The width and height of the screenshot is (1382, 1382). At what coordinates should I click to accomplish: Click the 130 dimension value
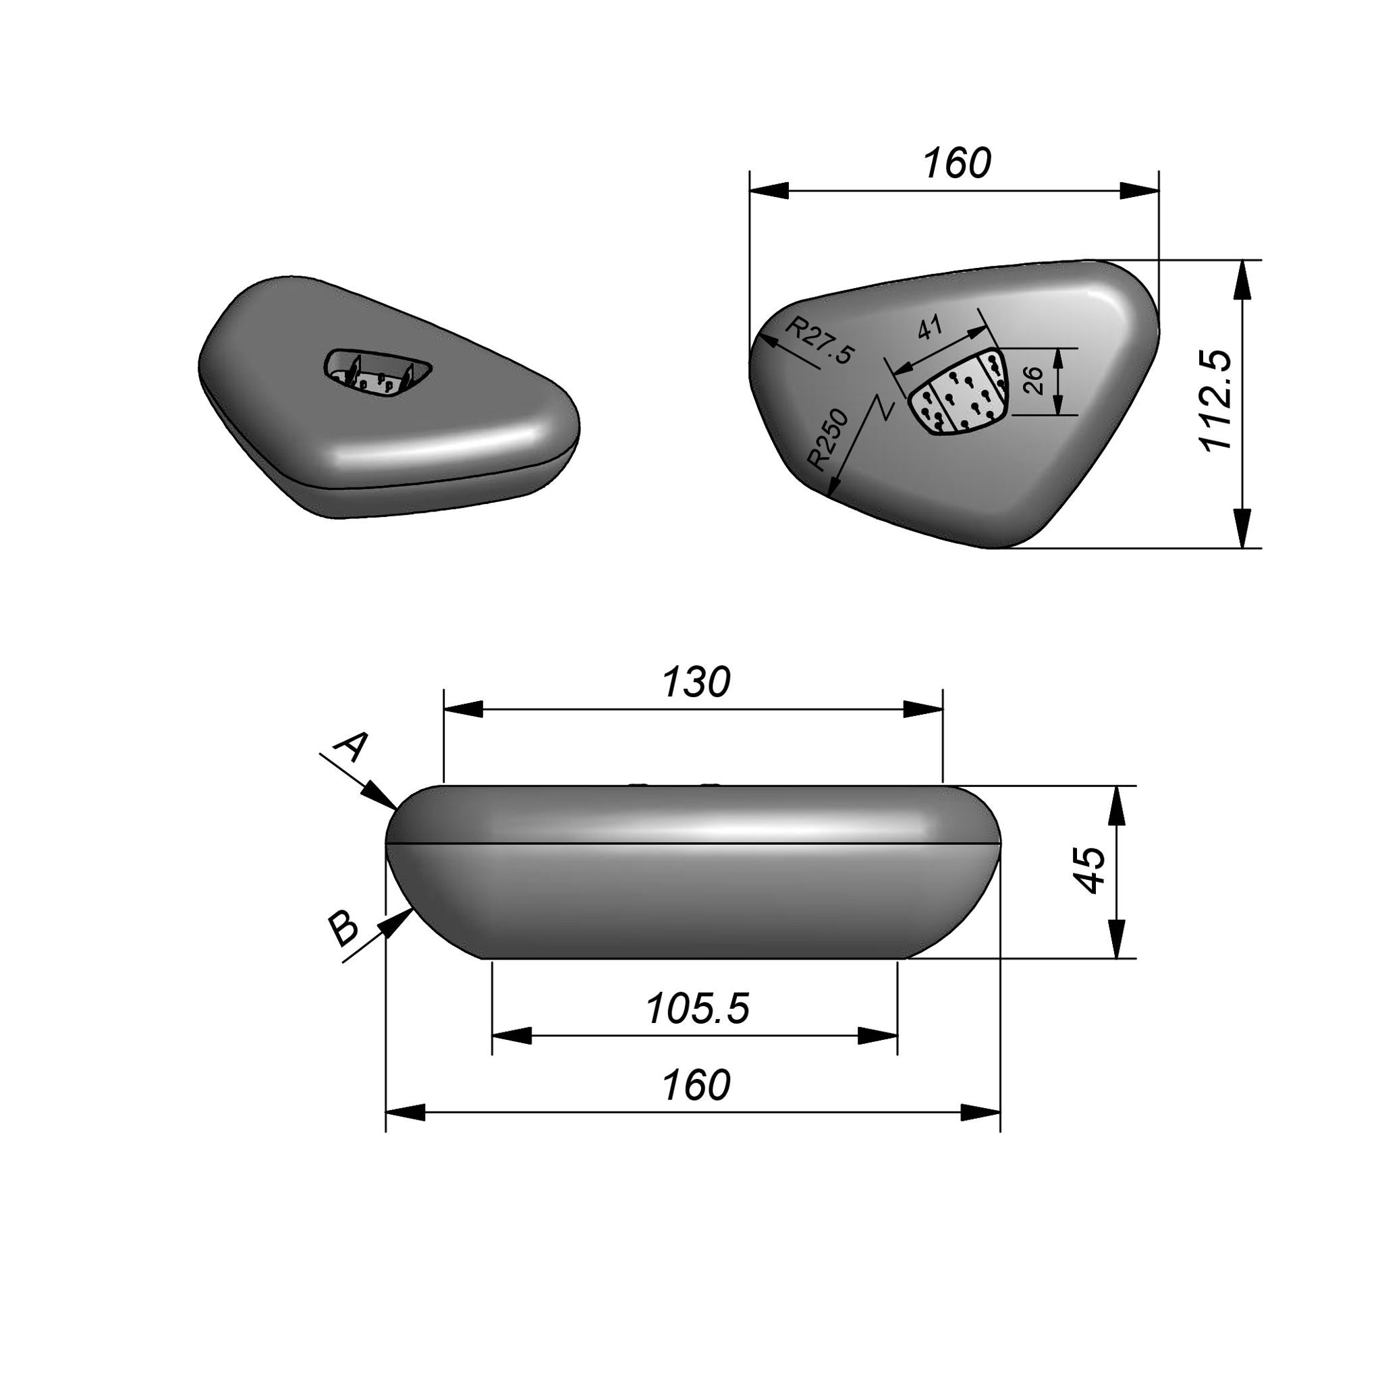(696, 682)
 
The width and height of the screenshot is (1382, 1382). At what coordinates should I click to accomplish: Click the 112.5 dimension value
(1215, 400)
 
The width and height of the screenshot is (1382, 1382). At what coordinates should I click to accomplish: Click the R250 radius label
(827, 439)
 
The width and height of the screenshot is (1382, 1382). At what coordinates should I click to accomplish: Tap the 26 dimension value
(1034, 381)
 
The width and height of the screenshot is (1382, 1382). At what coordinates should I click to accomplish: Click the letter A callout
(351, 748)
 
